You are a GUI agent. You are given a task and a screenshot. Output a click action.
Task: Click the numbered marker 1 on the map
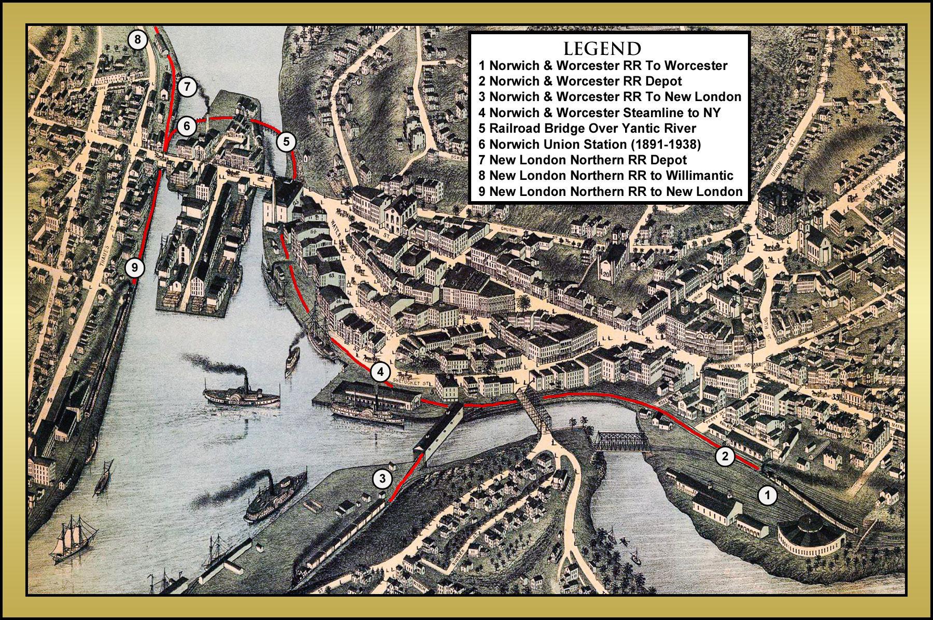(768, 495)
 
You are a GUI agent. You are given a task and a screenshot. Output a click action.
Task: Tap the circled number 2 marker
(725, 456)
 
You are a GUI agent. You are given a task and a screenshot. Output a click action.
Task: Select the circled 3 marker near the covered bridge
(382, 479)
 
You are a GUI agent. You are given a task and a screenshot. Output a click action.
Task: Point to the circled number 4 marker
(380, 372)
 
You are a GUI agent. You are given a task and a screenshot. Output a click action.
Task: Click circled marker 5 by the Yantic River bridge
(286, 142)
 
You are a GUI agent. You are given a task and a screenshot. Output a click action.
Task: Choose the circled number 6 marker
(187, 126)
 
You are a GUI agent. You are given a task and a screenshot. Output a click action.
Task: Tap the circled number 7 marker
(187, 87)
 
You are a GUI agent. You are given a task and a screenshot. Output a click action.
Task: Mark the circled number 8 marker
(137, 39)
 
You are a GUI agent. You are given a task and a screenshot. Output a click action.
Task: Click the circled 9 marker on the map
(135, 268)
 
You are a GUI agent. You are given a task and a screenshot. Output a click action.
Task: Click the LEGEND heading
(602, 49)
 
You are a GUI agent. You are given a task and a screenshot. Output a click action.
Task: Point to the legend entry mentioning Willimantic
(606, 175)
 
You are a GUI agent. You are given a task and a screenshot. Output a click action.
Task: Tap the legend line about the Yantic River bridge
(587, 128)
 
